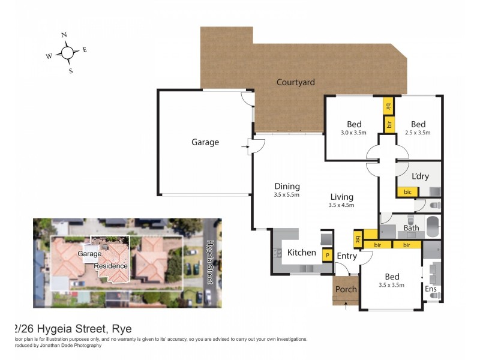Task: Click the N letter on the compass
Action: coord(64,35)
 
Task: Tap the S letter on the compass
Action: coord(71,71)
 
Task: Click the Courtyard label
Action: coord(295,82)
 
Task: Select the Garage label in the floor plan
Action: coord(205,142)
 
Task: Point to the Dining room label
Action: coord(286,186)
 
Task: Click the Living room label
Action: coord(341,197)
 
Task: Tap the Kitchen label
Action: coord(301,253)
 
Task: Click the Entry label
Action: coord(347,256)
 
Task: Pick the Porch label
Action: coord(346,289)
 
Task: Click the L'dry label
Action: coord(420,176)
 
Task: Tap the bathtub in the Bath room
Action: coord(433,227)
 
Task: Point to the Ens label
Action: coord(430,289)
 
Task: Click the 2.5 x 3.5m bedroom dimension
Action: coord(418,133)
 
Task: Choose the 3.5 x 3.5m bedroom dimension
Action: coord(392,285)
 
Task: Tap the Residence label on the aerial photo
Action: coord(110,266)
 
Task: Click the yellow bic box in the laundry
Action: coord(407,192)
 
